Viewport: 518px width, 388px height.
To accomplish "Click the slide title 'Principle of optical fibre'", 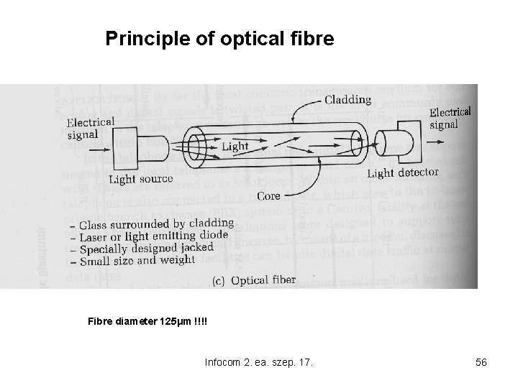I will [x=219, y=38].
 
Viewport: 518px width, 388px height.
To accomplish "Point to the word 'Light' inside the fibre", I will [x=235, y=146].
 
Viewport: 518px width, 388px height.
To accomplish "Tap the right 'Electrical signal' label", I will [x=450, y=118].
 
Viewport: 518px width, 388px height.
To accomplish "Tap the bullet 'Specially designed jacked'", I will [x=147, y=249].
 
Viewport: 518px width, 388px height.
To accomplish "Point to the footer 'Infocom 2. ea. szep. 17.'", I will [x=258, y=362].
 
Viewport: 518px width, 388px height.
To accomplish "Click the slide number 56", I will [x=481, y=362].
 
